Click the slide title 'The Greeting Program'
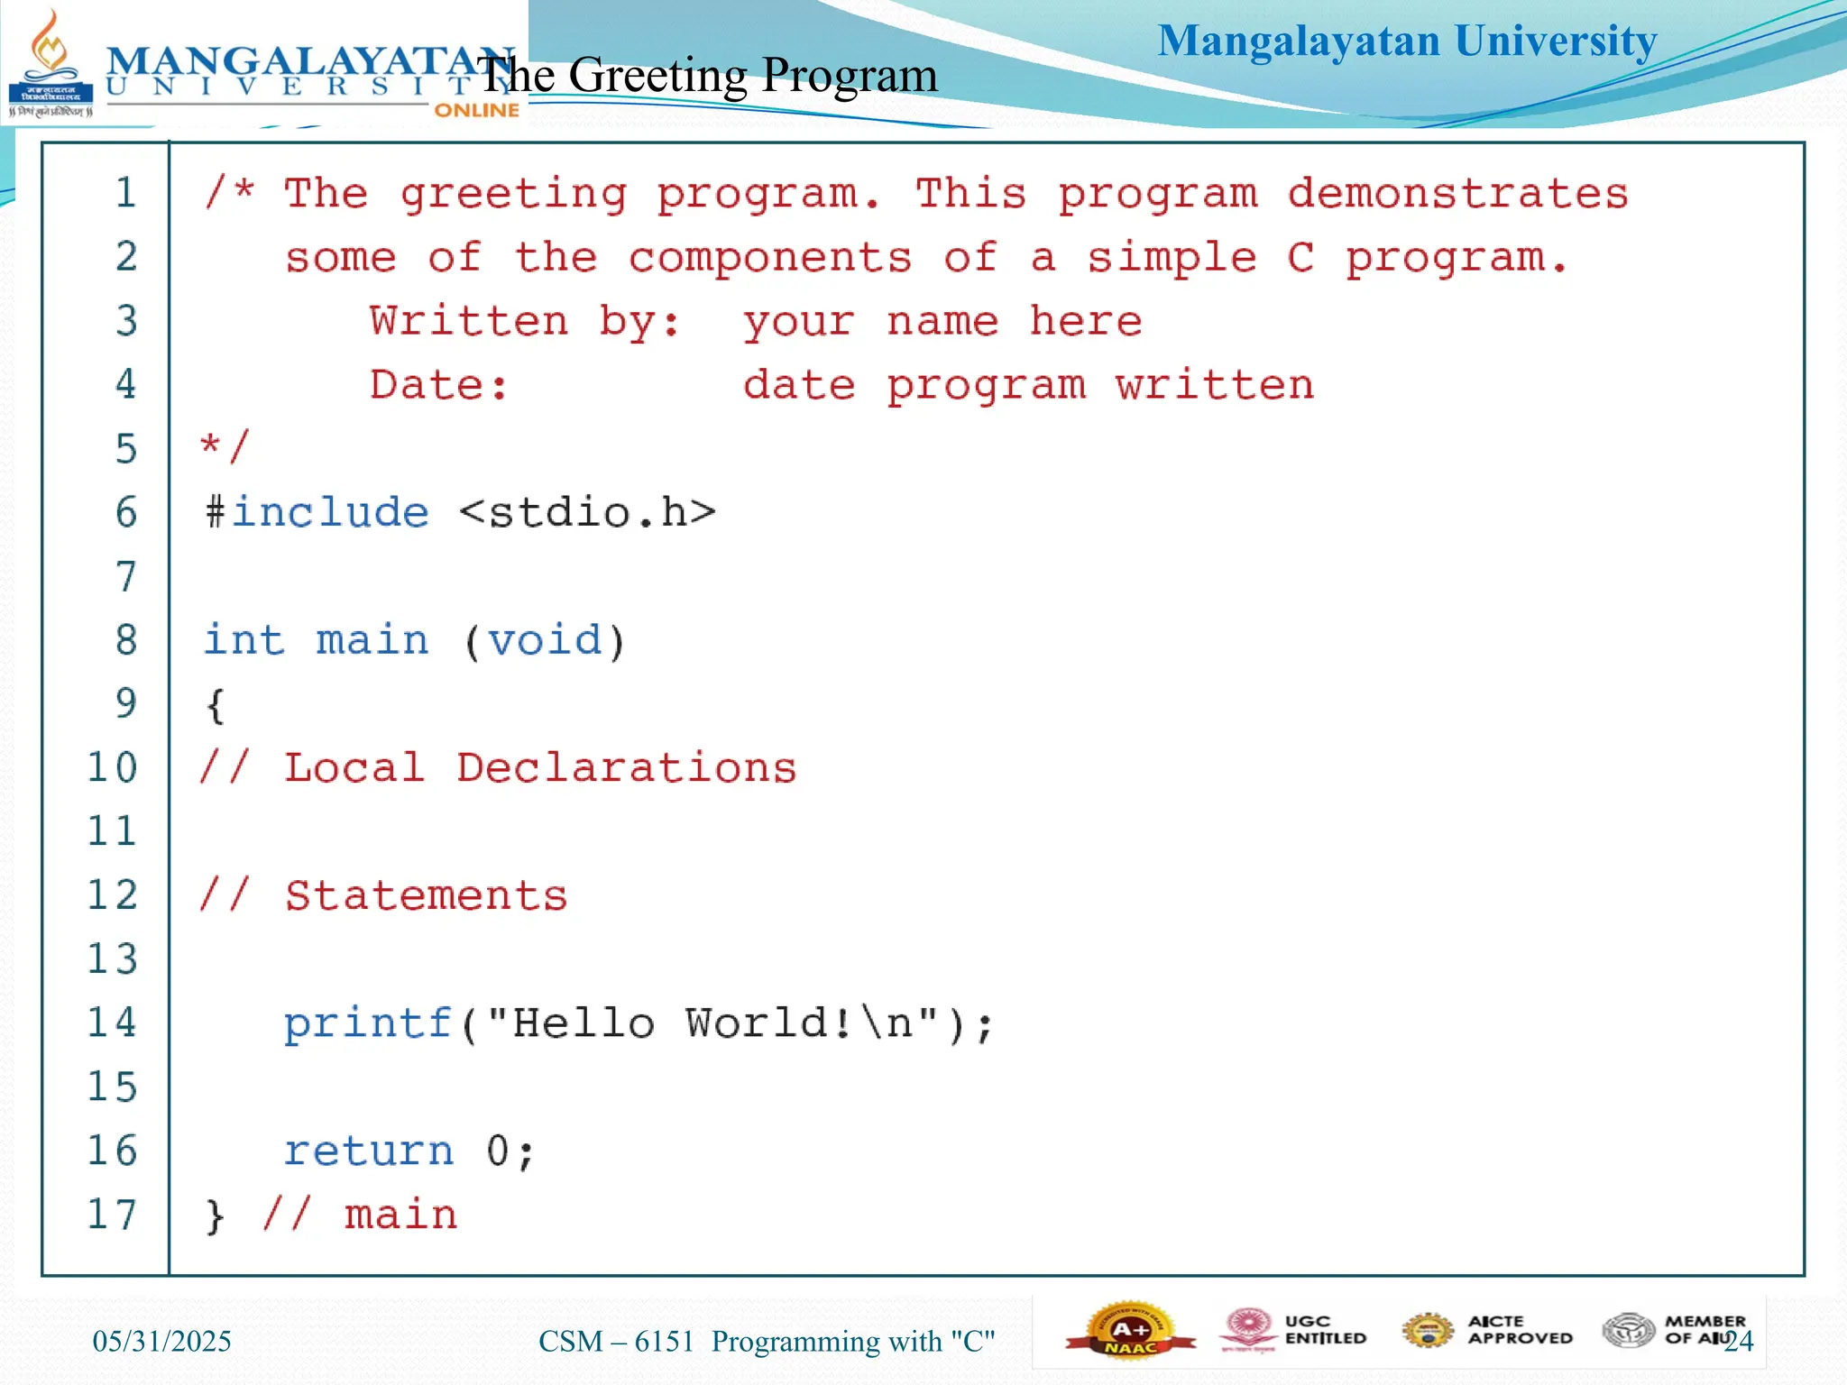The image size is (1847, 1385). click(x=708, y=75)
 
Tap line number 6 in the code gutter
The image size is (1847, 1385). click(x=126, y=512)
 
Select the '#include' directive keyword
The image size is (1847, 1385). click(x=317, y=512)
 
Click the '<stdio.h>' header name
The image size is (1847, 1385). click(x=587, y=512)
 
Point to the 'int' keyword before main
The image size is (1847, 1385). click(x=244, y=640)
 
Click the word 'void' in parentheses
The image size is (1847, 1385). click(x=545, y=640)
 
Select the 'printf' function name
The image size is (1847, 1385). click(x=367, y=1023)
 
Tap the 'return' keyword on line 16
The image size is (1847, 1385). click(x=368, y=1151)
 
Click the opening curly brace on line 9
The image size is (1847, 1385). click(x=215, y=705)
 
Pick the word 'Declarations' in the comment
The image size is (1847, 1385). click(x=626, y=768)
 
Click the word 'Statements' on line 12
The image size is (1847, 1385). click(x=426, y=896)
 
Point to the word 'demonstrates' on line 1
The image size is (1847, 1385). click(x=1457, y=194)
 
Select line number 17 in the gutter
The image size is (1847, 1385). click(x=112, y=1215)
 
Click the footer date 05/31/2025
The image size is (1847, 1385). click(x=162, y=1342)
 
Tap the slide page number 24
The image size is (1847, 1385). click(x=1739, y=1342)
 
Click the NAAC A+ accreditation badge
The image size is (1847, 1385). click(x=1129, y=1331)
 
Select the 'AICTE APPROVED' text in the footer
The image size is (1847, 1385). click(x=1520, y=1330)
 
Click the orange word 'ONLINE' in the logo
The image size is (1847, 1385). click(x=476, y=110)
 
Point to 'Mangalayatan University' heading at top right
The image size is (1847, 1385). click(x=1407, y=41)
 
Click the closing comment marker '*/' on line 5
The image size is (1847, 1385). click(x=224, y=447)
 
